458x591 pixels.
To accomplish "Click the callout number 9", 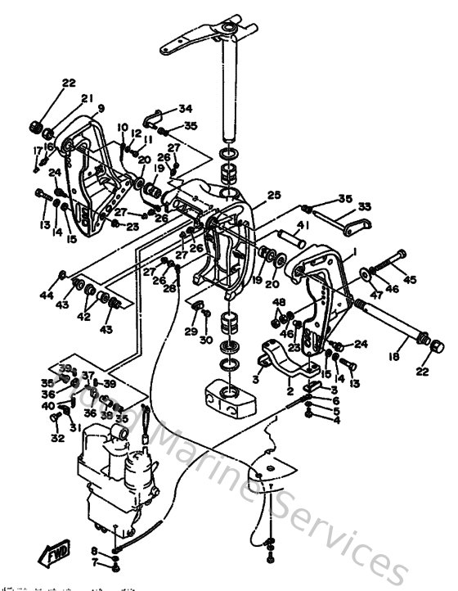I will click(x=101, y=107).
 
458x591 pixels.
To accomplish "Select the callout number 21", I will click(x=86, y=98).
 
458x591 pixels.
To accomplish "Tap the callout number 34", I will click(x=186, y=108).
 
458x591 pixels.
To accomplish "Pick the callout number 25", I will click(x=273, y=195).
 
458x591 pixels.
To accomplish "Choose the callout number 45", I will click(x=410, y=281).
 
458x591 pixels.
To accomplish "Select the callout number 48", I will click(x=279, y=303).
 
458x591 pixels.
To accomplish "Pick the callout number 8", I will click(x=95, y=550).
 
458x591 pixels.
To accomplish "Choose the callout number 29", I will click(x=190, y=331).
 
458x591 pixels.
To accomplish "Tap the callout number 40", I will click(x=48, y=406).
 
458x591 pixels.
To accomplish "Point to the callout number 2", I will click(x=290, y=391).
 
